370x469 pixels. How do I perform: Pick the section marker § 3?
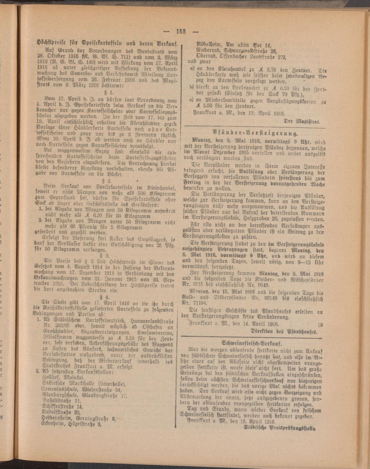(108, 255)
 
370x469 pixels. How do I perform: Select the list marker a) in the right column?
(192, 69)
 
